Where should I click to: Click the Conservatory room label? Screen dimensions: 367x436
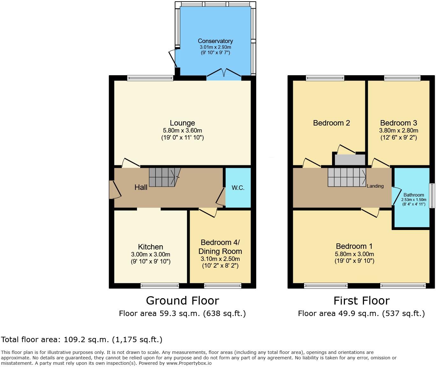[x=215, y=41]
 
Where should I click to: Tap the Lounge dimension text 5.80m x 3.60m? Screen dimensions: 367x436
[x=182, y=131]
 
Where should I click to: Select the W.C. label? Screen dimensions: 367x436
[x=238, y=188]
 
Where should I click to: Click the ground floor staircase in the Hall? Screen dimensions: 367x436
[x=163, y=177]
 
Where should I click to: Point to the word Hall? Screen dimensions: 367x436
[x=141, y=187]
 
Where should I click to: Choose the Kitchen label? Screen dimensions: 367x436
[x=150, y=247]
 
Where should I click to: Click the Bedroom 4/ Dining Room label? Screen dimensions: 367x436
[x=220, y=247]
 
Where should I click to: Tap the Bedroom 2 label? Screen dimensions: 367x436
[x=331, y=123]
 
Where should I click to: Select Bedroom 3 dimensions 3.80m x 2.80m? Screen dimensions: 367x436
[x=398, y=131]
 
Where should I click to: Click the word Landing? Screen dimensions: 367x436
[x=375, y=186]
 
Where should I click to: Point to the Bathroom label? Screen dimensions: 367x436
[x=414, y=195]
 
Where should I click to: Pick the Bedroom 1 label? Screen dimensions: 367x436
[x=354, y=246]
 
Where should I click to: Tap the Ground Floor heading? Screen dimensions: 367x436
[x=182, y=301]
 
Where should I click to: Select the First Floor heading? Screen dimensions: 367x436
[x=361, y=301]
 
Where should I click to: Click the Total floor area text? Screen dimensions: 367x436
[x=82, y=340]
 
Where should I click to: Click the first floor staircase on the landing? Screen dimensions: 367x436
[x=347, y=177]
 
